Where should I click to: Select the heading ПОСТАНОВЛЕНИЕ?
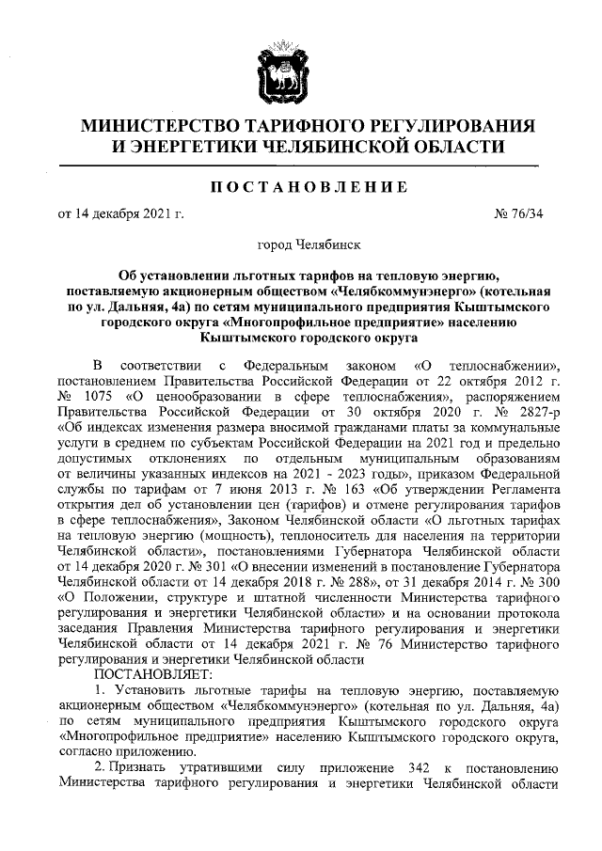[x=300, y=187]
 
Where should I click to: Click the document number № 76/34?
[x=518, y=214]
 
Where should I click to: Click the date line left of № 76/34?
[x=121, y=214]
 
